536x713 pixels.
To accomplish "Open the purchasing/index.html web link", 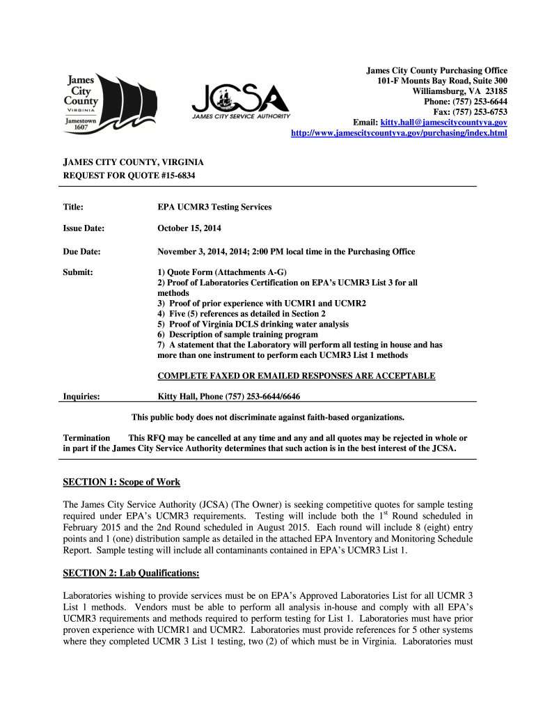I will click(399, 132).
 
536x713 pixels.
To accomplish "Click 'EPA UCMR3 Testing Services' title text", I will click(214, 207).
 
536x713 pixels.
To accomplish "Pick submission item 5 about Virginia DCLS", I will click(253, 324).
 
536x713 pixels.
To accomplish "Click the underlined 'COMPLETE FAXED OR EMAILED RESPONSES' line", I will click(297, 376).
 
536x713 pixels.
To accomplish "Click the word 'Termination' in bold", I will click(86, 438).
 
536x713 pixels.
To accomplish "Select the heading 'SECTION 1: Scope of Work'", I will click(122, 482).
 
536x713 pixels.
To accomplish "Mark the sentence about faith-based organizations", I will click(268, 417).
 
